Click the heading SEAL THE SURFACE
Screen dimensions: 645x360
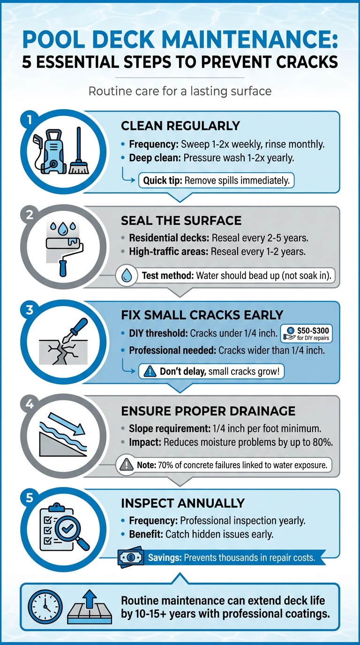(181, 221)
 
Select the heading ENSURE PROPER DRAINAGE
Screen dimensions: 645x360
(208, 411)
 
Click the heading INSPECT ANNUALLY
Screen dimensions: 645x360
(183, 503)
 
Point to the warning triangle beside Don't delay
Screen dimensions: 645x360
(149, 371)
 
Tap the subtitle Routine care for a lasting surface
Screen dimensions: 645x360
(180, 90)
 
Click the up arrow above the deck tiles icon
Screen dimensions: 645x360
(91, 595)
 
